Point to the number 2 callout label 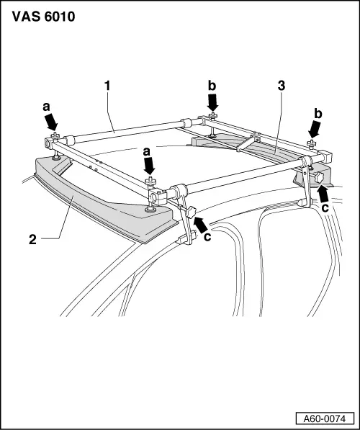[x=31, y=237]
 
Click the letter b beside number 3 [x=212, y=86]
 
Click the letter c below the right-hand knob [x=325, y=207]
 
